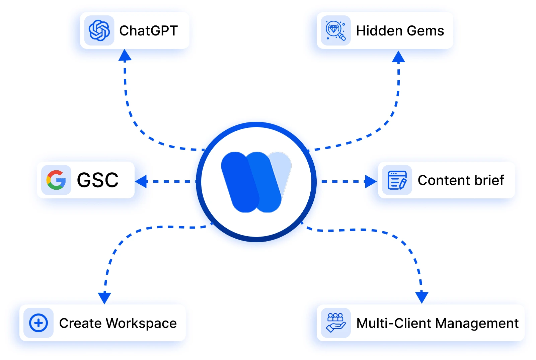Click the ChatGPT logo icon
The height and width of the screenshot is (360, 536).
click(99, 30)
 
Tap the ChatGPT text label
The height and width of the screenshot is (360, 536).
click(148, 31)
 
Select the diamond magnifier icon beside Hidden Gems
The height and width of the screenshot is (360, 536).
click(335, 30)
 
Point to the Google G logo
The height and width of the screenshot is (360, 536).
click(56, 180)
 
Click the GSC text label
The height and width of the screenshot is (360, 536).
click(98, 180)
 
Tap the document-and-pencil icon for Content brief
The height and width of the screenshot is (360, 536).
click(397, 180)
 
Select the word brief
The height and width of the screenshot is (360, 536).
click(489, 180)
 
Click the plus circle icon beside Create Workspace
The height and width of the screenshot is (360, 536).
click(39, 323)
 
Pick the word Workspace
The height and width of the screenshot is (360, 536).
click(141, 323)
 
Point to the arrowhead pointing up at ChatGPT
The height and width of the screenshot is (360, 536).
click(125, 56)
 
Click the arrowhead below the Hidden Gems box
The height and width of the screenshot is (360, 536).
click(398, 57)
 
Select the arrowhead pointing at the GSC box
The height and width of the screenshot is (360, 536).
click(141, 181)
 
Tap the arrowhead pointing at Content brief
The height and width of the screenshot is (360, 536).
click(371, 181)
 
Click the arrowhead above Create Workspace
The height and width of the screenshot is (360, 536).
click(104, 297)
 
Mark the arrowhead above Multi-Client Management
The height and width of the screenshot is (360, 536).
click(422, 297)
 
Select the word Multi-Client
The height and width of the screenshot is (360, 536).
click(394, 323)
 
